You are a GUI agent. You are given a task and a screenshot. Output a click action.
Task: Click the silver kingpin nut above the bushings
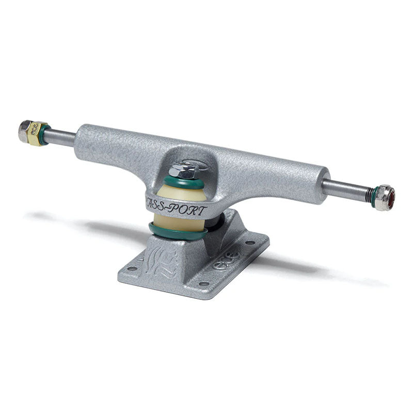181,168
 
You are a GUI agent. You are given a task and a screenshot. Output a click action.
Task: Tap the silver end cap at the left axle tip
24,130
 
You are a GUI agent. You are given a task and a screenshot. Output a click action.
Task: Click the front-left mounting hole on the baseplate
129,268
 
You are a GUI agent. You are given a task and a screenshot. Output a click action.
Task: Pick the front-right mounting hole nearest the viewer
202,283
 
